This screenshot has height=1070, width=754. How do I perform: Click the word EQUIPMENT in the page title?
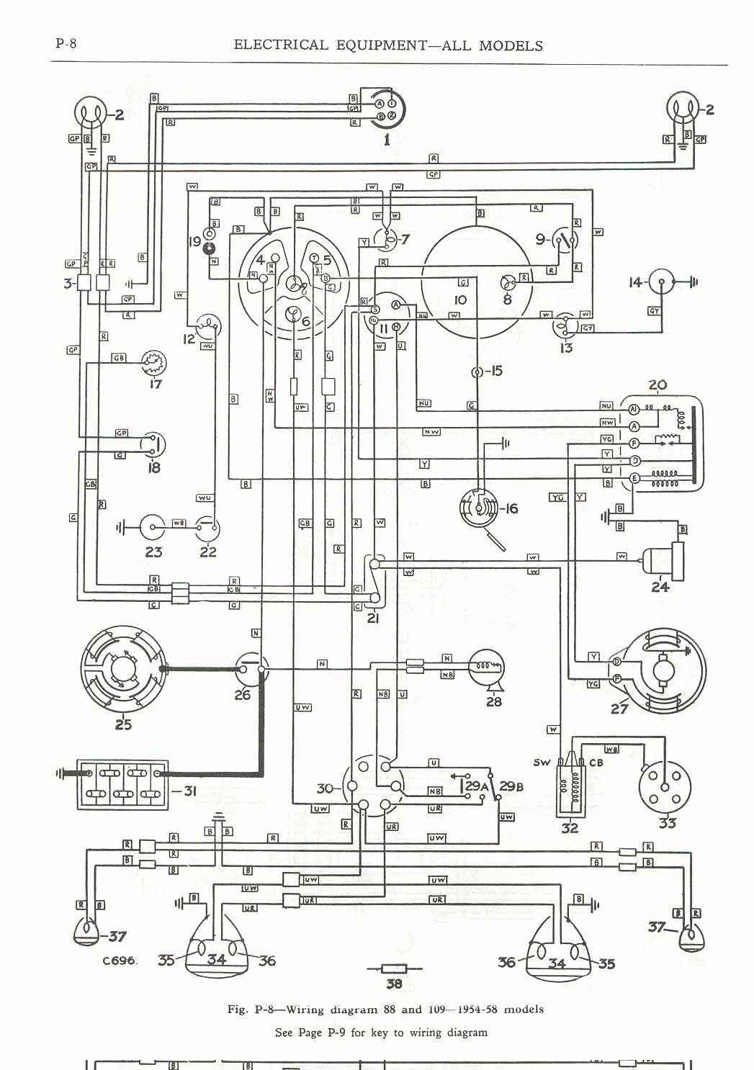click(381, 45)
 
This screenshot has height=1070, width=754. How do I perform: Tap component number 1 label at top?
click(387, 140)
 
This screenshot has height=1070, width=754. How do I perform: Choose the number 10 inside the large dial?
click(460, 300)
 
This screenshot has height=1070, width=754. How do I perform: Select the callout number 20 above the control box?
click(657, 385)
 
